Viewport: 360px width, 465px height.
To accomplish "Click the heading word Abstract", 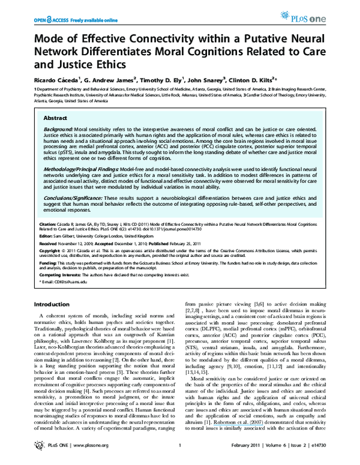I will coord(56,119).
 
